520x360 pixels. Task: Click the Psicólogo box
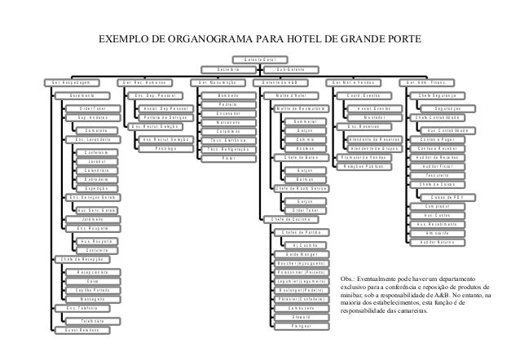click(x=165, y=148)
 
